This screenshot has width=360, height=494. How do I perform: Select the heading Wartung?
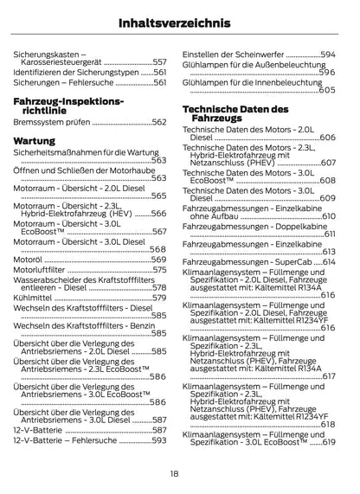(35, 139)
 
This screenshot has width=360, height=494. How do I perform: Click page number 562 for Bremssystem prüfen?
(158, 124)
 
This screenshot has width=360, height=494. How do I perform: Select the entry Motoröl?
(28, 259)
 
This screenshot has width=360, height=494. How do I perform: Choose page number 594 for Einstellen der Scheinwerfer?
(327, 54)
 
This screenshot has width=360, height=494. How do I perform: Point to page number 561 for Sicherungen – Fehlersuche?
(158, 85)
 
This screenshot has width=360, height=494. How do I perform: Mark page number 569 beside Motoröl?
(158, 259)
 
